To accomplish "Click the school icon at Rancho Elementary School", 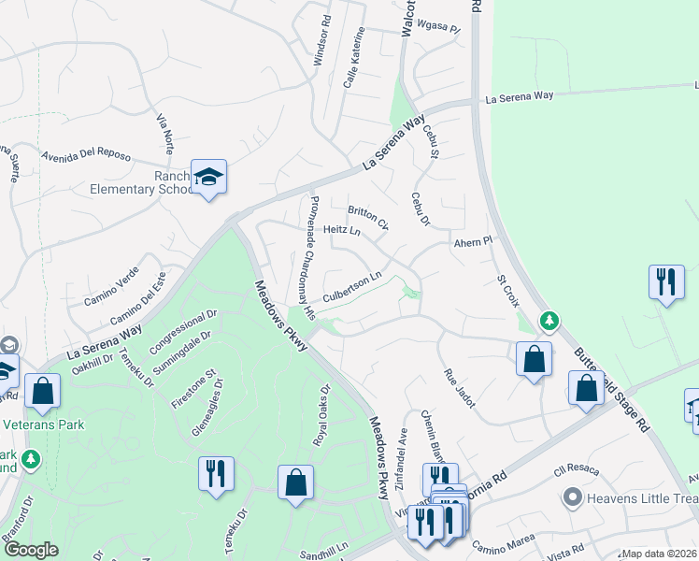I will tap(209, 177).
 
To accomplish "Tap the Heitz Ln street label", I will tap(342, 229).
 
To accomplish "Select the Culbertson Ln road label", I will tap(352, 288).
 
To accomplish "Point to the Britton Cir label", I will tap(367, 218).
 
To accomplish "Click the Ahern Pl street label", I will tap(472, 242).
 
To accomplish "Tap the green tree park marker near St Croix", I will tap(550, 323).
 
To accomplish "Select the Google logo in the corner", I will tap(32, 550).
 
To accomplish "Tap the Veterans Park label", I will tap(44, 424).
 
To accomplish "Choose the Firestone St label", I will tap(193, 389).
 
